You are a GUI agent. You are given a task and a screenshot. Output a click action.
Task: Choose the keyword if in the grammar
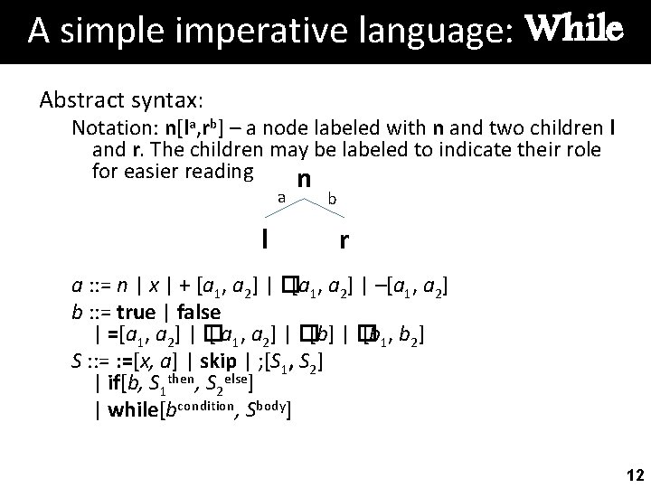[116, 387]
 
